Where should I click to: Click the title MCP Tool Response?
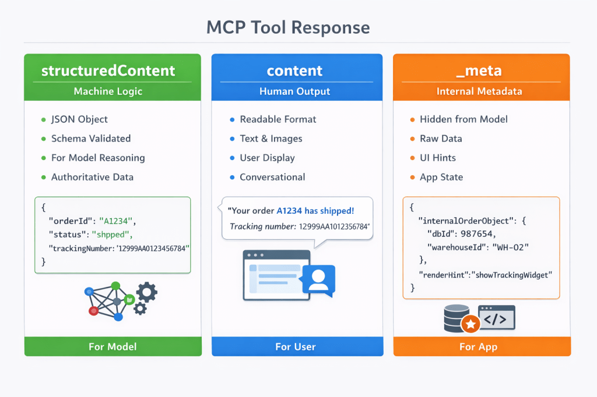click(x=288, y=27)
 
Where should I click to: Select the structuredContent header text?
click(x=108, y=71)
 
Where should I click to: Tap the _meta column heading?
click(x=482, y=71)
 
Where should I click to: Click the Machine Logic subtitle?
click(x=108, y=91)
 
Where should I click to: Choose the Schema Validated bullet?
click(x=91, y=139)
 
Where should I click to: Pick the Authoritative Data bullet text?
click(x=92, y=177)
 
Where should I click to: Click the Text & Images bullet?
click(x=271, y=139)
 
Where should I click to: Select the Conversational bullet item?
click(x=272, y=177)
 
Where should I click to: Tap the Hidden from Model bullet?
click(x=463, y=119)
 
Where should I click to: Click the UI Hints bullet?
click(x=438, y=158)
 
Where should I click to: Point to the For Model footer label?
click(x=113, y=346)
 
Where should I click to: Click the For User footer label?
click(x=296, y=346)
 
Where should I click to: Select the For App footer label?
click(x=478, y=346)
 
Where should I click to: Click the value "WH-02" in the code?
click(x=511, y=247)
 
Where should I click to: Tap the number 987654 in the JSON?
click(x=479, y=234)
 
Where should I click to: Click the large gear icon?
click(x=146, y=292)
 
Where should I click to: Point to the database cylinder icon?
click(x=456, y=317)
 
